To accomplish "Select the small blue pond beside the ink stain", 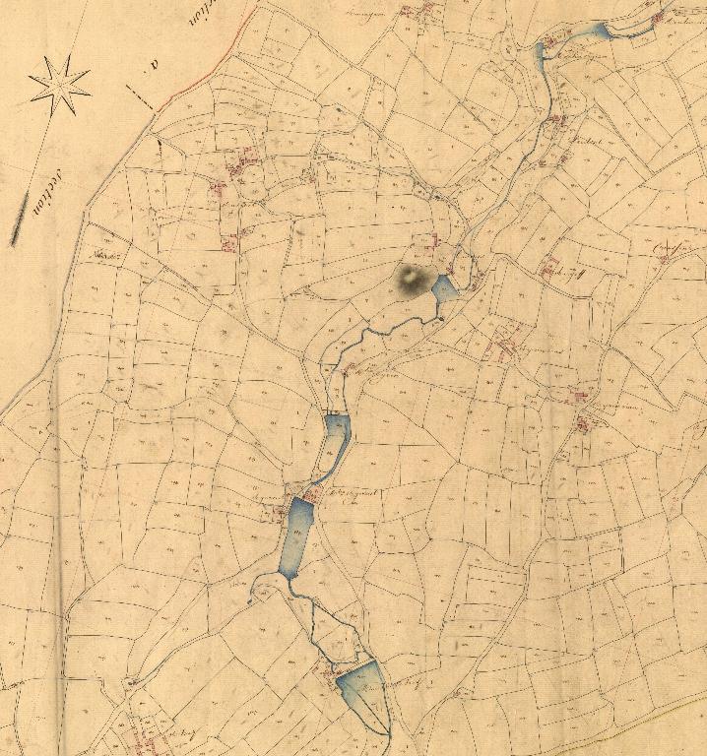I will (444, 288).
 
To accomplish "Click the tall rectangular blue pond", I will (295, 537).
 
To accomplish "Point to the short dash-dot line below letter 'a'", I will (140, 96).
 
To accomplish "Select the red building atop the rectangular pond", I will (309, 494).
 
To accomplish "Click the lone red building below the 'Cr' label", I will (664, 260).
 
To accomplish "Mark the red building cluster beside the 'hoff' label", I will (548, 266).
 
